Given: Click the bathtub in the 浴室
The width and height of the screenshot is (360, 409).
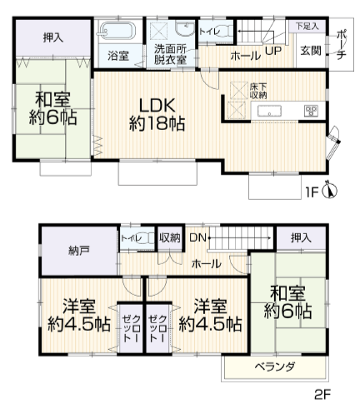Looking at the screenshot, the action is pos(117,31).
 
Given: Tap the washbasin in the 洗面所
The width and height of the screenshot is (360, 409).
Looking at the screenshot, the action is pos(185,28).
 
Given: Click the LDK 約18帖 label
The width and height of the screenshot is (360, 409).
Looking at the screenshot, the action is pos(157,114).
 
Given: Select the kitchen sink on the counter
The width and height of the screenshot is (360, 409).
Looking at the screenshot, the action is pos(269,111).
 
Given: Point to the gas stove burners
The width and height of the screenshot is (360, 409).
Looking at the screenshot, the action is pos(312,111).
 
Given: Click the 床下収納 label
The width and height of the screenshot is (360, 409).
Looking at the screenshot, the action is pos(258,91).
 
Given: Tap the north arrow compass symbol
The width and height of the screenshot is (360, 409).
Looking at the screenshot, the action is pos(330,191).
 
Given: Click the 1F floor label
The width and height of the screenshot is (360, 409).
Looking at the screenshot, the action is pos(312,192).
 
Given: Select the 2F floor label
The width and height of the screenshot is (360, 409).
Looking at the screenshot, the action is pos(322,395).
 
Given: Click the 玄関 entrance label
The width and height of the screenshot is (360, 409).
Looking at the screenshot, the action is pos(311,51).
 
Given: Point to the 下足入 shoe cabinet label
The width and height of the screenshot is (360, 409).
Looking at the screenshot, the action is pos(307,27).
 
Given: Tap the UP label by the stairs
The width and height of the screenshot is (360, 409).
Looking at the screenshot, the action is pos(273,51).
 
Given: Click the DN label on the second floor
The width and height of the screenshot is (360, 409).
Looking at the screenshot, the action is pos(197,238).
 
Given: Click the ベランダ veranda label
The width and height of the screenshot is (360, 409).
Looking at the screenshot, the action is pos(275,367).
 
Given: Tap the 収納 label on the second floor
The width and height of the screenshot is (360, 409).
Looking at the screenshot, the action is pos(170,238).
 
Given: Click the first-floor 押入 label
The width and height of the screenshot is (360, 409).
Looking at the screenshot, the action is pos(53,37).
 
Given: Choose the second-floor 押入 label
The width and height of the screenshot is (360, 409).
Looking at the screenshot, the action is pos(301,238).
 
